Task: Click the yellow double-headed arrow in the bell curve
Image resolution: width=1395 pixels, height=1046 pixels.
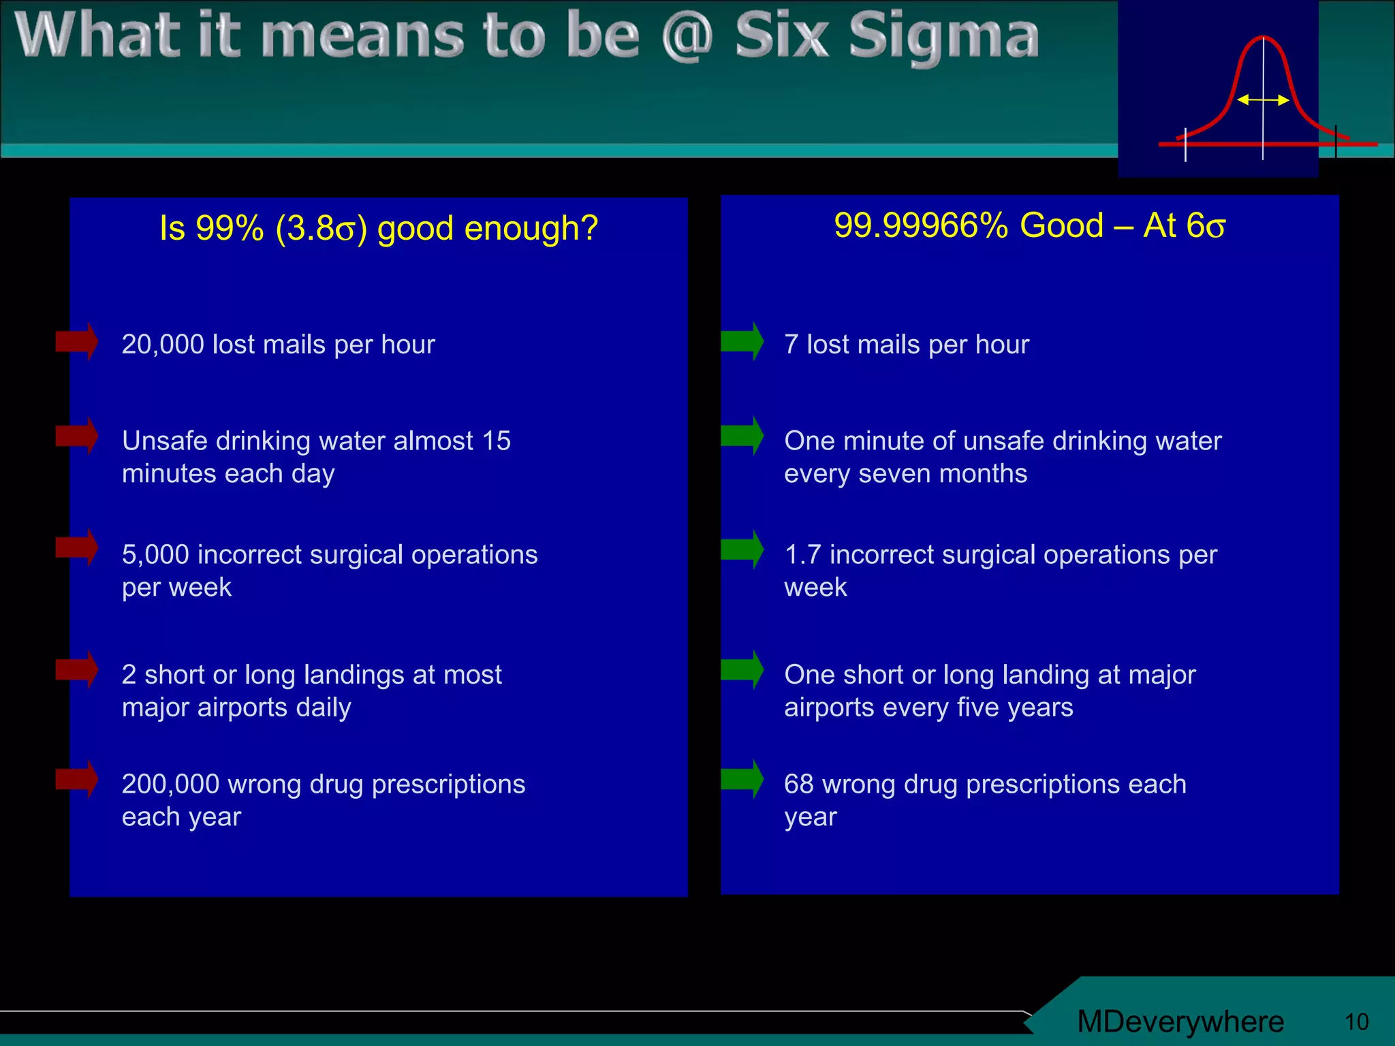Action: [1263, 100]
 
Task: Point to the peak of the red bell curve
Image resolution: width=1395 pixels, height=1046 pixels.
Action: [1264, 38]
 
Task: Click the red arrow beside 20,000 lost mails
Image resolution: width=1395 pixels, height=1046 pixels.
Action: [76, 341]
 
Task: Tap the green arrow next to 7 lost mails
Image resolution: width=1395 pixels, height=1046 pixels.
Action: [742, 341]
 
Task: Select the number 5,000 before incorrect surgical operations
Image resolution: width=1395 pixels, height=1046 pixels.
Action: [155, 555]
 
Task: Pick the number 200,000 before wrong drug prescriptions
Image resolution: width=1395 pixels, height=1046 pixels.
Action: [170, 784]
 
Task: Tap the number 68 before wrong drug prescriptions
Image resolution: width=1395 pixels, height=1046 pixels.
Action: [798, 784]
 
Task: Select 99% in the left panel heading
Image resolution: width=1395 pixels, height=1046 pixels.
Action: [230, 228]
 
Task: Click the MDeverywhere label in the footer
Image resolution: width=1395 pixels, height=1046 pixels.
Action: [1180, 1021]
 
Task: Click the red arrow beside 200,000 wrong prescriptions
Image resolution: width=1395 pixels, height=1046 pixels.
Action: [76, 778]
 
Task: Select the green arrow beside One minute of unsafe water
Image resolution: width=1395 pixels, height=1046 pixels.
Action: [742, 436]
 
